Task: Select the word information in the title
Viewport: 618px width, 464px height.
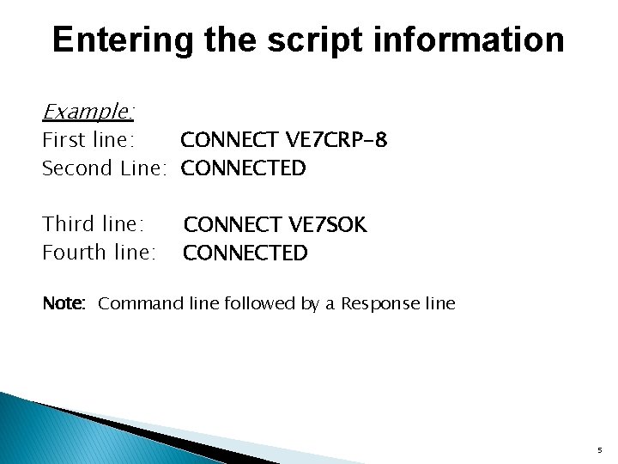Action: (481, 40)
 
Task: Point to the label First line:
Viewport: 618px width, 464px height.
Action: (88, 139)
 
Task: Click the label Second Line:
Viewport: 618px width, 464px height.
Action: (103, 168)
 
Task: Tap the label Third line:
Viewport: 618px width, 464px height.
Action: (93, 224)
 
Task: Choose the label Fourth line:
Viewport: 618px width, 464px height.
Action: (99, 253)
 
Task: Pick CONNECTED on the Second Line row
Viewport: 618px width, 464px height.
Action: (244, 168)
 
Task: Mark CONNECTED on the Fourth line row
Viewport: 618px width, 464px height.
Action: (245, 253)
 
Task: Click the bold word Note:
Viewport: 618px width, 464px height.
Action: (64, 303)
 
